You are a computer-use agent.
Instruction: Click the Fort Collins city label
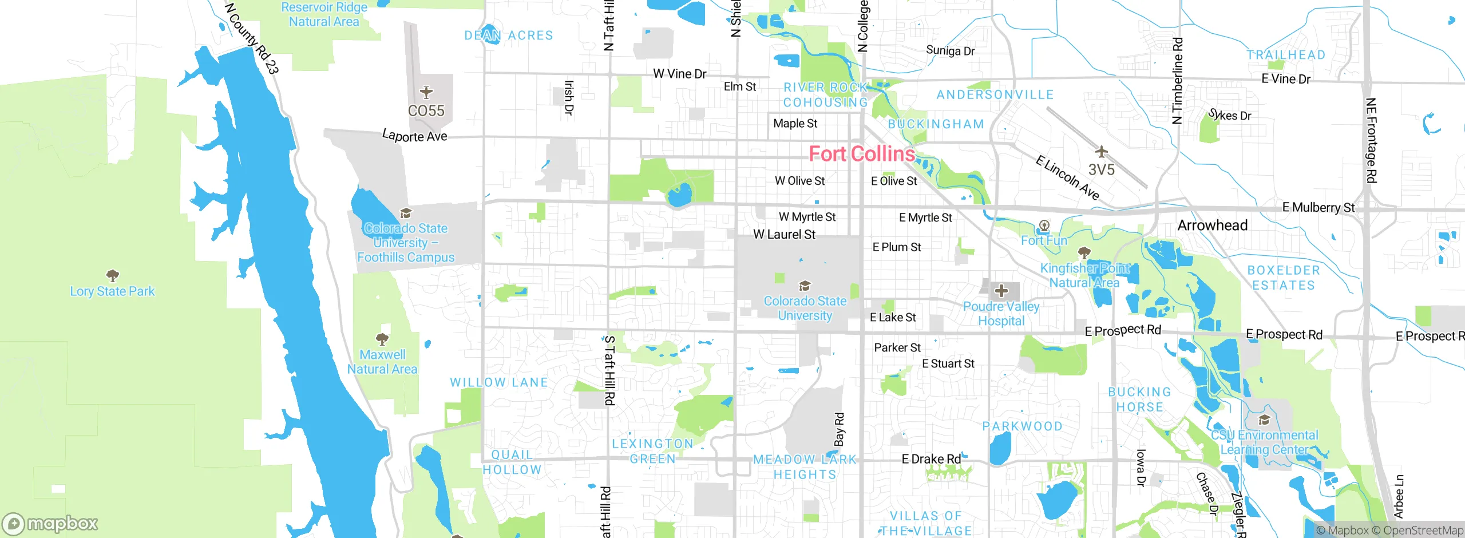point(862,154)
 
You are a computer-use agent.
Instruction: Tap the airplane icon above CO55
point(426,92)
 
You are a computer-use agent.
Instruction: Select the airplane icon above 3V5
point(1101,152)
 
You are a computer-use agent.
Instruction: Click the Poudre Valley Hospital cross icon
point(1001,291)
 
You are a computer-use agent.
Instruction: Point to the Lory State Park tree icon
point(113,276)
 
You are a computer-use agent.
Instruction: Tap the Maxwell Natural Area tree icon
point(382,339)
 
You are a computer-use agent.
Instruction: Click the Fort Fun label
point(1044,240)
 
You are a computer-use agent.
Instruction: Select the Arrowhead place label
point(1212,226)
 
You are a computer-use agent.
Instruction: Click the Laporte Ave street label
point(414,136)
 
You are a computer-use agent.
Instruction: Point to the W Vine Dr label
point(679,74)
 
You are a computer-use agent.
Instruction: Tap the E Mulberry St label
point(1318,207)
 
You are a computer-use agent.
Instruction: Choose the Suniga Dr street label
point(950,50)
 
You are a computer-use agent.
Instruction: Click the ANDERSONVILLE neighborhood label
point(995,94)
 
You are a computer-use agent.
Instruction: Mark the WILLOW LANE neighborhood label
point(499,382)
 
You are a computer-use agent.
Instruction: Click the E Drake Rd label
point(931,459)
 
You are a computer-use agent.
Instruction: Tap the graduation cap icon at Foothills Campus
point(406,213)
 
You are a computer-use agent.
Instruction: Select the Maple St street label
point(795,124)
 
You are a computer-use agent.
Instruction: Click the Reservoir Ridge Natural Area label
point(324,14)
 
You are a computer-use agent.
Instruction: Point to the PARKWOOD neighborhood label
point(1022,426)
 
